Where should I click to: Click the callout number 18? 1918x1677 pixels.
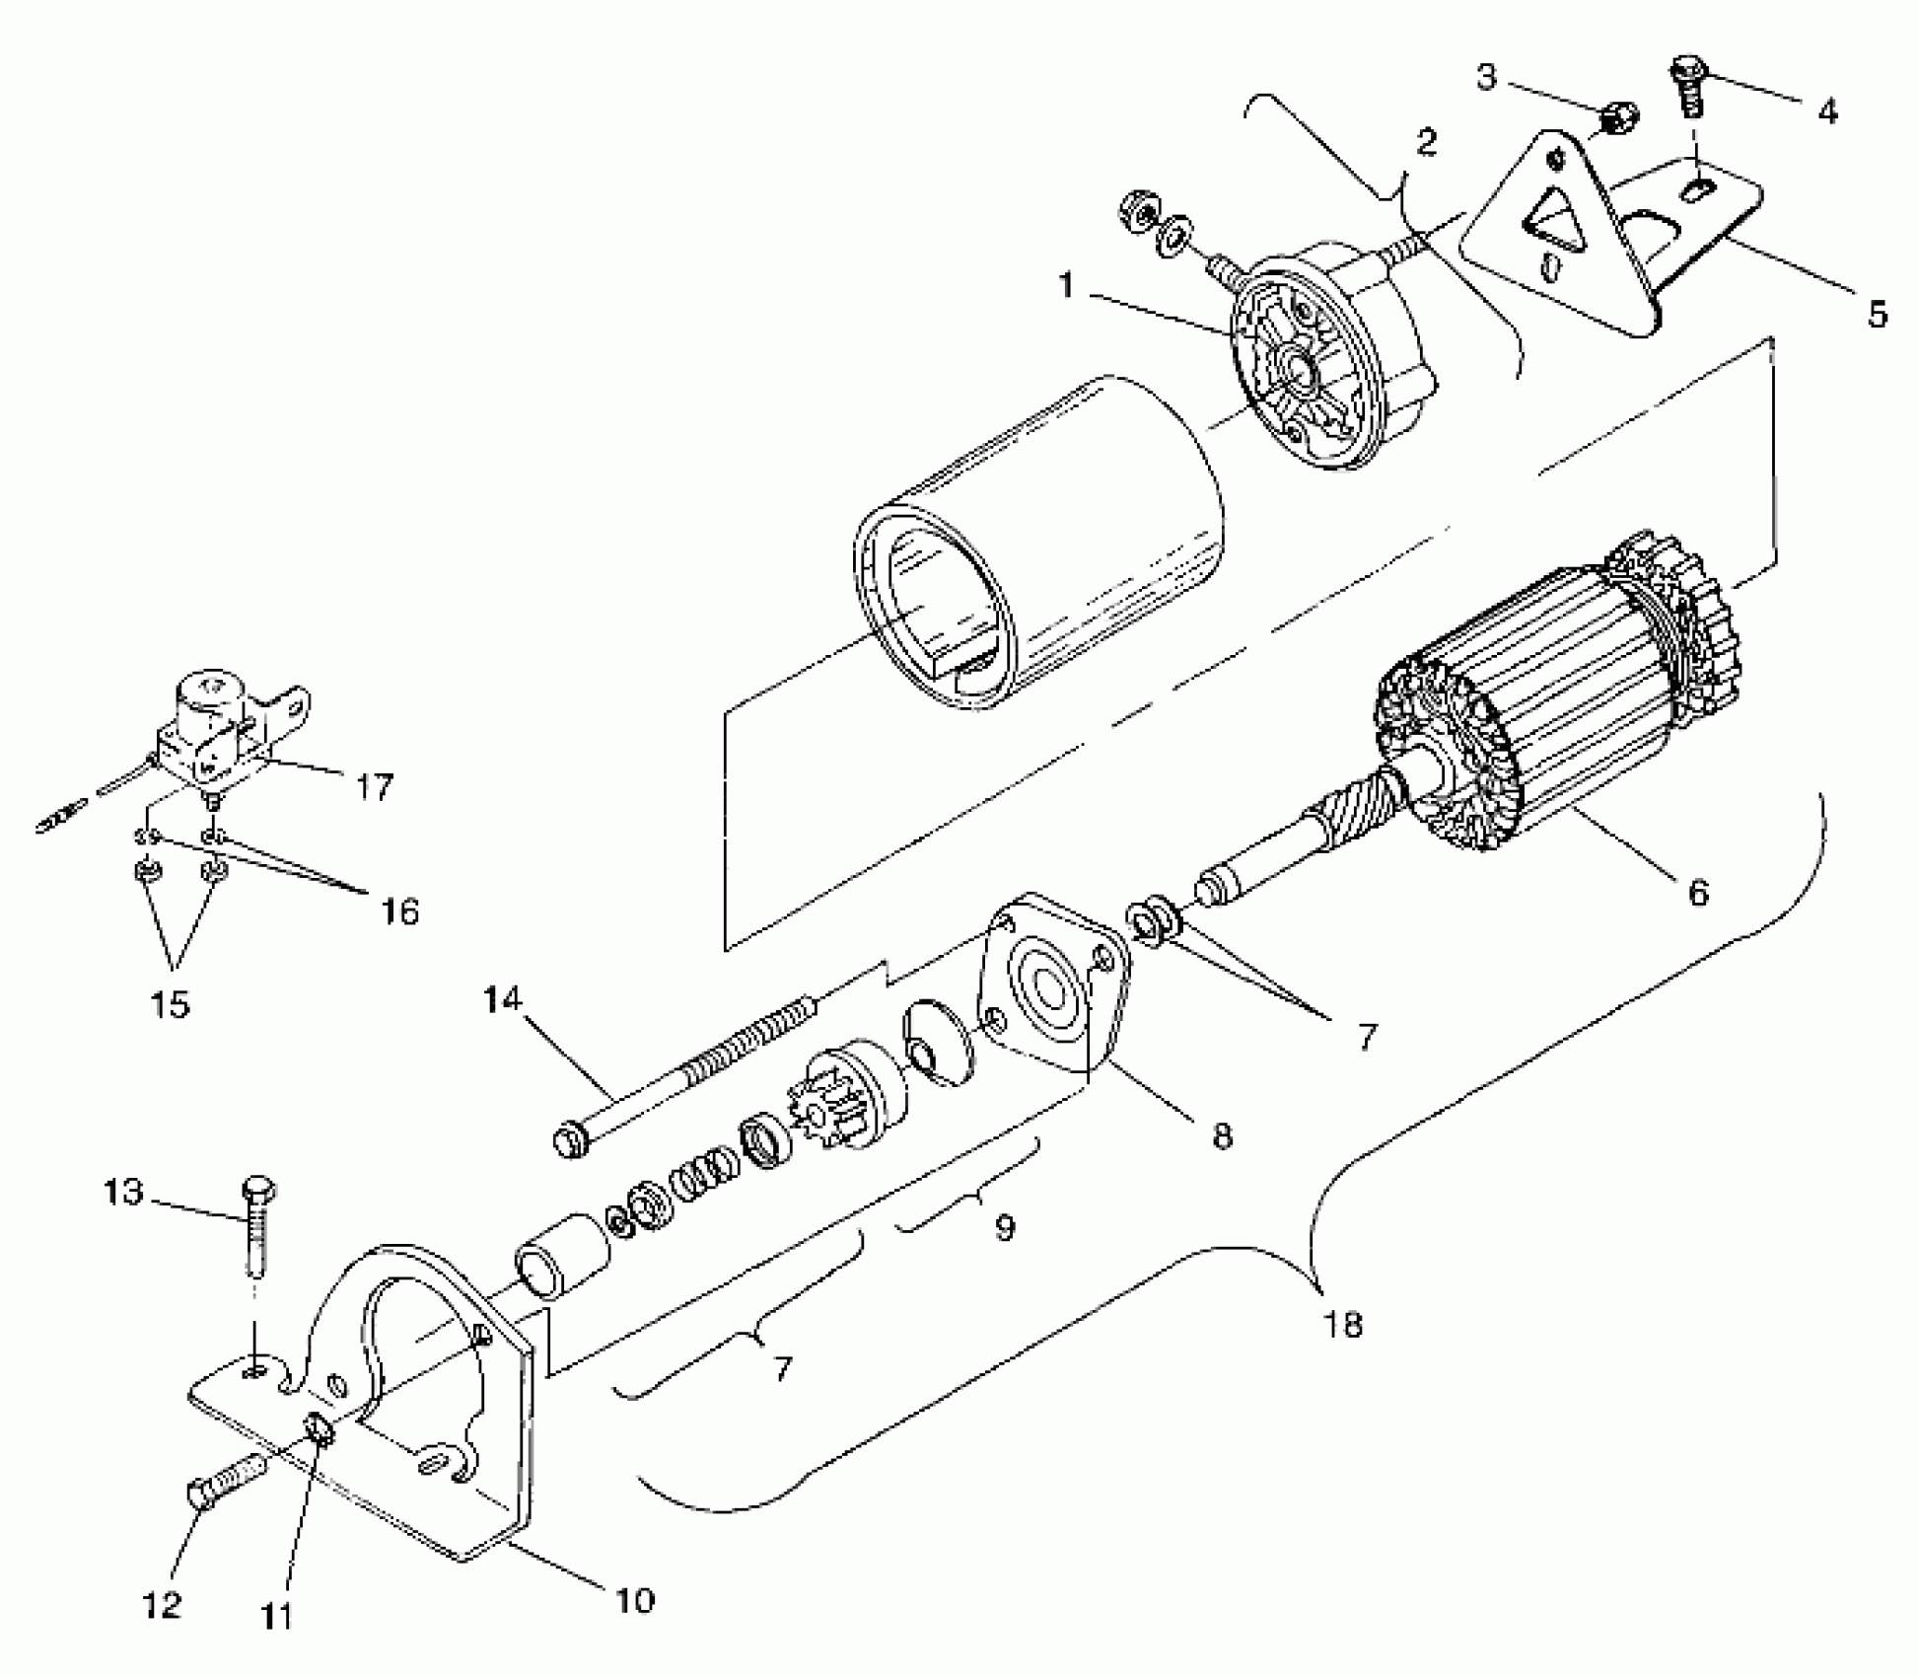[1344, 1324]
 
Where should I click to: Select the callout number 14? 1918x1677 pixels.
[502, 999]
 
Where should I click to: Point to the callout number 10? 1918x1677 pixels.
[635, 1599]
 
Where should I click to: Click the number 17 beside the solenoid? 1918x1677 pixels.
[374, 786]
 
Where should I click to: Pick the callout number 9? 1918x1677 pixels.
[1004, 1227]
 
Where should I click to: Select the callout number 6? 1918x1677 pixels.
[1698, 893]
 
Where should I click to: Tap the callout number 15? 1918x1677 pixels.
[171, 1004]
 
